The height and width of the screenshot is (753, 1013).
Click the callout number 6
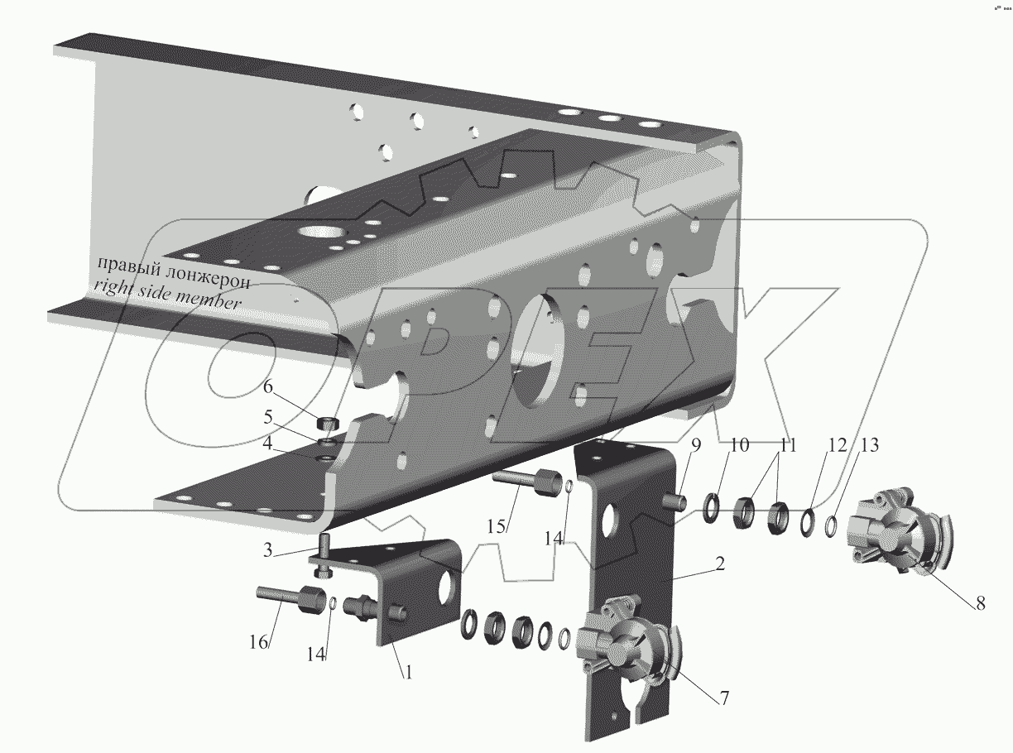tap(267, 386)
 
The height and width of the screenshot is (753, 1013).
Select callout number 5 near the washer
tap(268, 416)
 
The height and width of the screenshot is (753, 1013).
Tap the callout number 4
tap(267, 443)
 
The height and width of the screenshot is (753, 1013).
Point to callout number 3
tap(267, 549)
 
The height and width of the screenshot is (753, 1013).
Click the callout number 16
tap(258, 642)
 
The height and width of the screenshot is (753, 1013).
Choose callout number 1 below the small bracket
tap(409, 672)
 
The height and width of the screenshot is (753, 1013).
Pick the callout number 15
tap(496, 526)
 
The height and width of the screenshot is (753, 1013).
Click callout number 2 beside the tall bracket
tap(720, 564)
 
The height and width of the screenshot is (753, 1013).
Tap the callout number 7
tap(724, 698)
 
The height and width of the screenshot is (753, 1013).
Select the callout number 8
tap(980, 603)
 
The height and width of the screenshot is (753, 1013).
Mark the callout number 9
tap(695, 445)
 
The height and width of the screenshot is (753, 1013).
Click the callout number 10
tap(739, 445)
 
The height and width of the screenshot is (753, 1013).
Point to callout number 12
tap(838, 445)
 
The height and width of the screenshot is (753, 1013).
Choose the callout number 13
tap(869, 445)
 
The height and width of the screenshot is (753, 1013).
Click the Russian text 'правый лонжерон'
tap(174, 273)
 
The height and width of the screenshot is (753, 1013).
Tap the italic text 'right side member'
tap(167, 295)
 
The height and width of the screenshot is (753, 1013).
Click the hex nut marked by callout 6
tap(328, 421)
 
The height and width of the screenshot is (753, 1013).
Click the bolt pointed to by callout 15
tap(526, 482)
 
